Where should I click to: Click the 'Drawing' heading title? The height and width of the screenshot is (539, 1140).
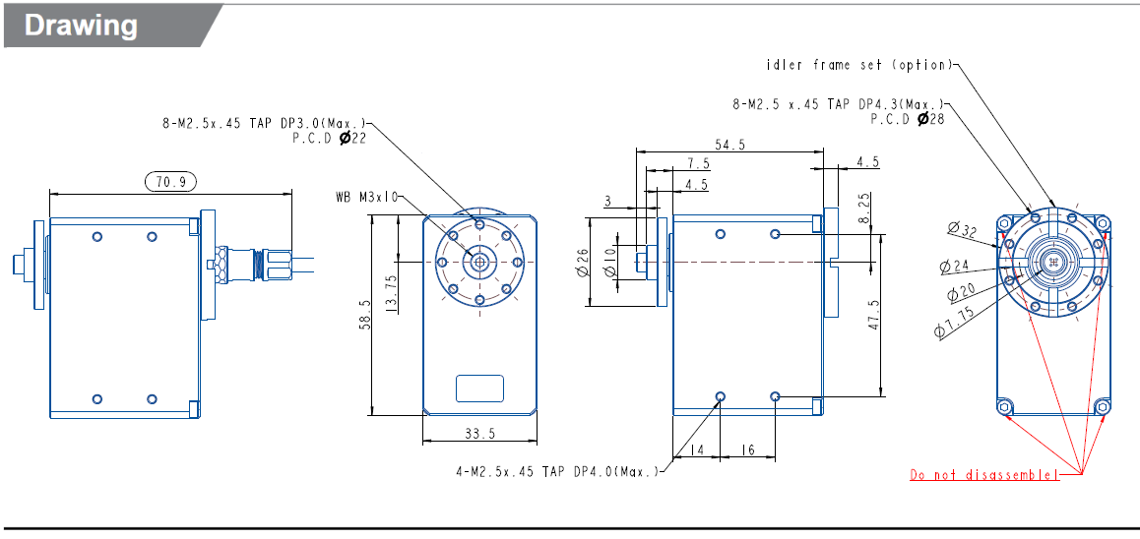pos(81,25)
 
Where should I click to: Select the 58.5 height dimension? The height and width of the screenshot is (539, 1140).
pos(365,316)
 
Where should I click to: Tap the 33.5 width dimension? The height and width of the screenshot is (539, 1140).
pos(479,433)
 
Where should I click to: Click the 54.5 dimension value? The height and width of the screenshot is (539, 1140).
pos(729,144)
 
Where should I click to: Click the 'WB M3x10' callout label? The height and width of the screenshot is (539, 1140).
pos(366,197)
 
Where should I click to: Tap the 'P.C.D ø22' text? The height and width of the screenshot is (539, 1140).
pos(329,139)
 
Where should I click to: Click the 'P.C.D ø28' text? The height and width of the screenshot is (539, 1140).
pos(907,118)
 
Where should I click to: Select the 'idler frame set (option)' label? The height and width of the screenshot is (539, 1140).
pos(859,65)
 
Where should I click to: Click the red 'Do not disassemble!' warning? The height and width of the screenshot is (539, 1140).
pos(984,475)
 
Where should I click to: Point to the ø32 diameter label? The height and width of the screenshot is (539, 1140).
pos(962,230)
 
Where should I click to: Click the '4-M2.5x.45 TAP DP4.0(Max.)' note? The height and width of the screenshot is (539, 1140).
pos(557,472)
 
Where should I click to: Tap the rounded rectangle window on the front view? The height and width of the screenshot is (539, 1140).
pos(479,389)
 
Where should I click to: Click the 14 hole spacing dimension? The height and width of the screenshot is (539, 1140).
pos(697,449)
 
